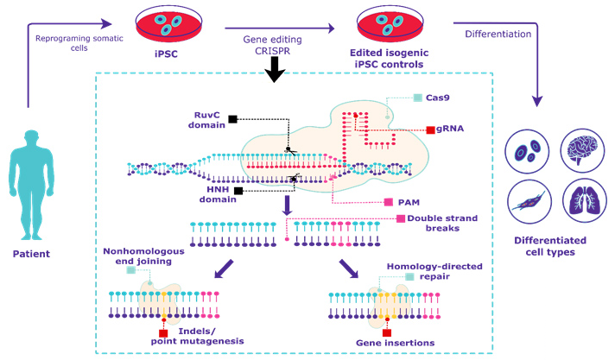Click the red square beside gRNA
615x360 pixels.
click(x=430, y=129)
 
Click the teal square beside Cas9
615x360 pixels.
click(x=418, y=98)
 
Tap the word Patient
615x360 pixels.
click(x=36, y=255)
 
